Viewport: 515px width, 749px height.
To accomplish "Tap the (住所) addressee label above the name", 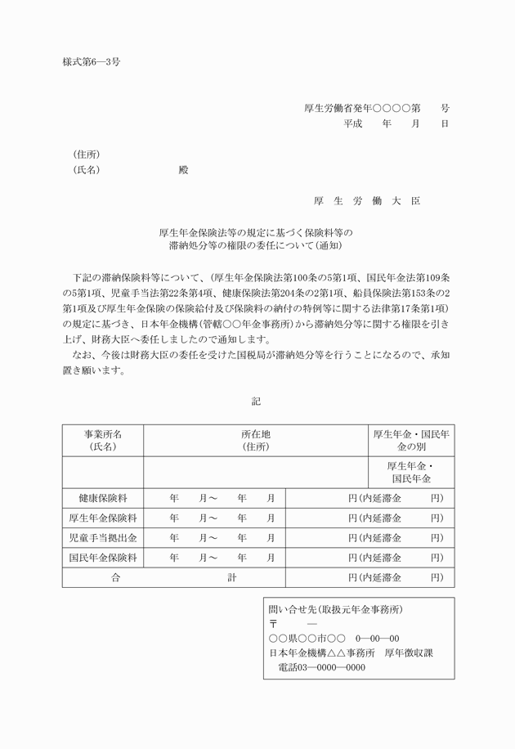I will [x=87, y=155].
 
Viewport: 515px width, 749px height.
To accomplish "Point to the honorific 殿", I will [x=183, y=170].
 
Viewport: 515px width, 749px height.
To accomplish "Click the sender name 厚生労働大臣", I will [x=367, y=201].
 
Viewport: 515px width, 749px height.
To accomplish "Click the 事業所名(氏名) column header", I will [x=103, y=441].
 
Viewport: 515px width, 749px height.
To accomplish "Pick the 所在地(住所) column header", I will [x=255, y=441].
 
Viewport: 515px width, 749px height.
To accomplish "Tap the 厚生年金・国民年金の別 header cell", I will [x=411, y=441].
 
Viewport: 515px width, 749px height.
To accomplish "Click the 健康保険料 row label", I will [x=103, y=497].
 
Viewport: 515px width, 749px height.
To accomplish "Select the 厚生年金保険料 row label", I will [x=103, y=518].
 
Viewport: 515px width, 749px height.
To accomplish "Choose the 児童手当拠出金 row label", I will [x=103, y=537].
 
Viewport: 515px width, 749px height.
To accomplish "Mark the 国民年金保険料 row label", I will [x=103, y=558].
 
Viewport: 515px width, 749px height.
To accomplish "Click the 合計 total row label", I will [x=173, y=577].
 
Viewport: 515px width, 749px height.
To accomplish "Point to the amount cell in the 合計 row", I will [x=369, y=577].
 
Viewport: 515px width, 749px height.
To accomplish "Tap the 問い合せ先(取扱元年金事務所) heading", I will [x=335, y=609].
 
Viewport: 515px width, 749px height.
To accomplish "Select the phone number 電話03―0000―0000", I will [x=316, y=667].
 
